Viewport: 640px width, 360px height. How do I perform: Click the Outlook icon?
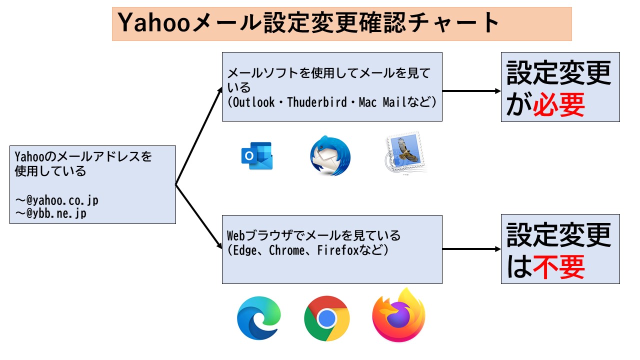click(256, 156)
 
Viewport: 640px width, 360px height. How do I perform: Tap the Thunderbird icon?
click(330, 155)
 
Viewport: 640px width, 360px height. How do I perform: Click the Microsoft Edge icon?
click(258, 318)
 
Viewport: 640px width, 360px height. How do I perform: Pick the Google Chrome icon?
click(326, 318)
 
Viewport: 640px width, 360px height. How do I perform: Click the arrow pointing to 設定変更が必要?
click(471, 91)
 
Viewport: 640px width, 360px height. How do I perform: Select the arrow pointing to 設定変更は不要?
click(471, 249)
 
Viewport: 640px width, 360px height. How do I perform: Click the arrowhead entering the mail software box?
click(220, 90)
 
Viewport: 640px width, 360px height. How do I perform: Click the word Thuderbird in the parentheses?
click(317, 102)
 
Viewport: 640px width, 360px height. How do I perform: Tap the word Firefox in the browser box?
click(338, 250)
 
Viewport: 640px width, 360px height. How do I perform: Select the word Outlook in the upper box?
click(253, 102)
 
